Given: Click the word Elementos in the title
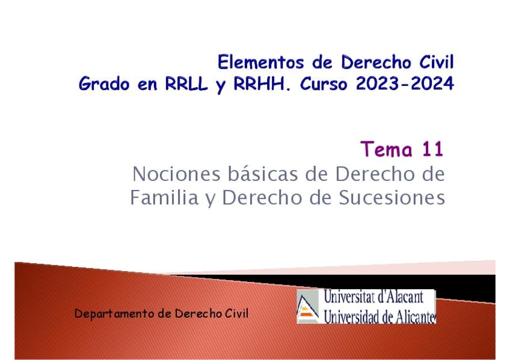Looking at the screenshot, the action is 260,62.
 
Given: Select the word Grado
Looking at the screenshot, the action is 104,84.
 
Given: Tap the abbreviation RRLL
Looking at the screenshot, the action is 186,84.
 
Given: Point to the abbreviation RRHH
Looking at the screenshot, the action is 262,84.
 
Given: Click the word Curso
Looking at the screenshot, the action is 324,84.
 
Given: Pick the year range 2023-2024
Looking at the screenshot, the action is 405,84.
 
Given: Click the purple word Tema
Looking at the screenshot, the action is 386,149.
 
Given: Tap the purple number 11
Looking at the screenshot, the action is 432,149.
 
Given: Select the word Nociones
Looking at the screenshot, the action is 177,174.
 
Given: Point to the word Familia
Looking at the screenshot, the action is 164,197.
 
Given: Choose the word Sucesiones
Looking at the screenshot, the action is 392,197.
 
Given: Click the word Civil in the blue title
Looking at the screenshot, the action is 436,62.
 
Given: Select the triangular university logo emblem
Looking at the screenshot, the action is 308,307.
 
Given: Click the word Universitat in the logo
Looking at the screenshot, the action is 348,297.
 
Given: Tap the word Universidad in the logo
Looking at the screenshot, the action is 350,317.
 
